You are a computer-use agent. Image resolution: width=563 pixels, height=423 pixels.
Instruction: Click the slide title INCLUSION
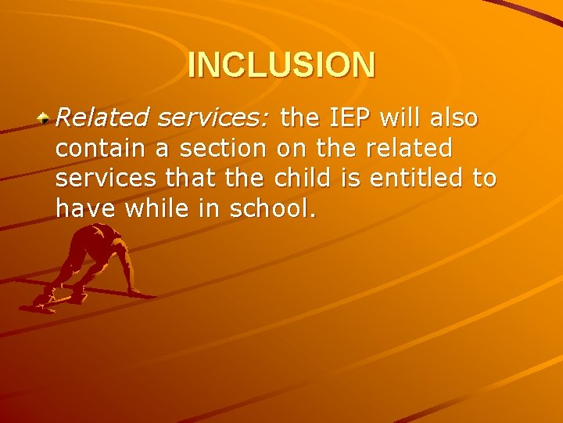[x=281, y=65]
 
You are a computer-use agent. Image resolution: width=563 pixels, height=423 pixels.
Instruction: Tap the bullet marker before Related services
[x=46, y=118]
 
